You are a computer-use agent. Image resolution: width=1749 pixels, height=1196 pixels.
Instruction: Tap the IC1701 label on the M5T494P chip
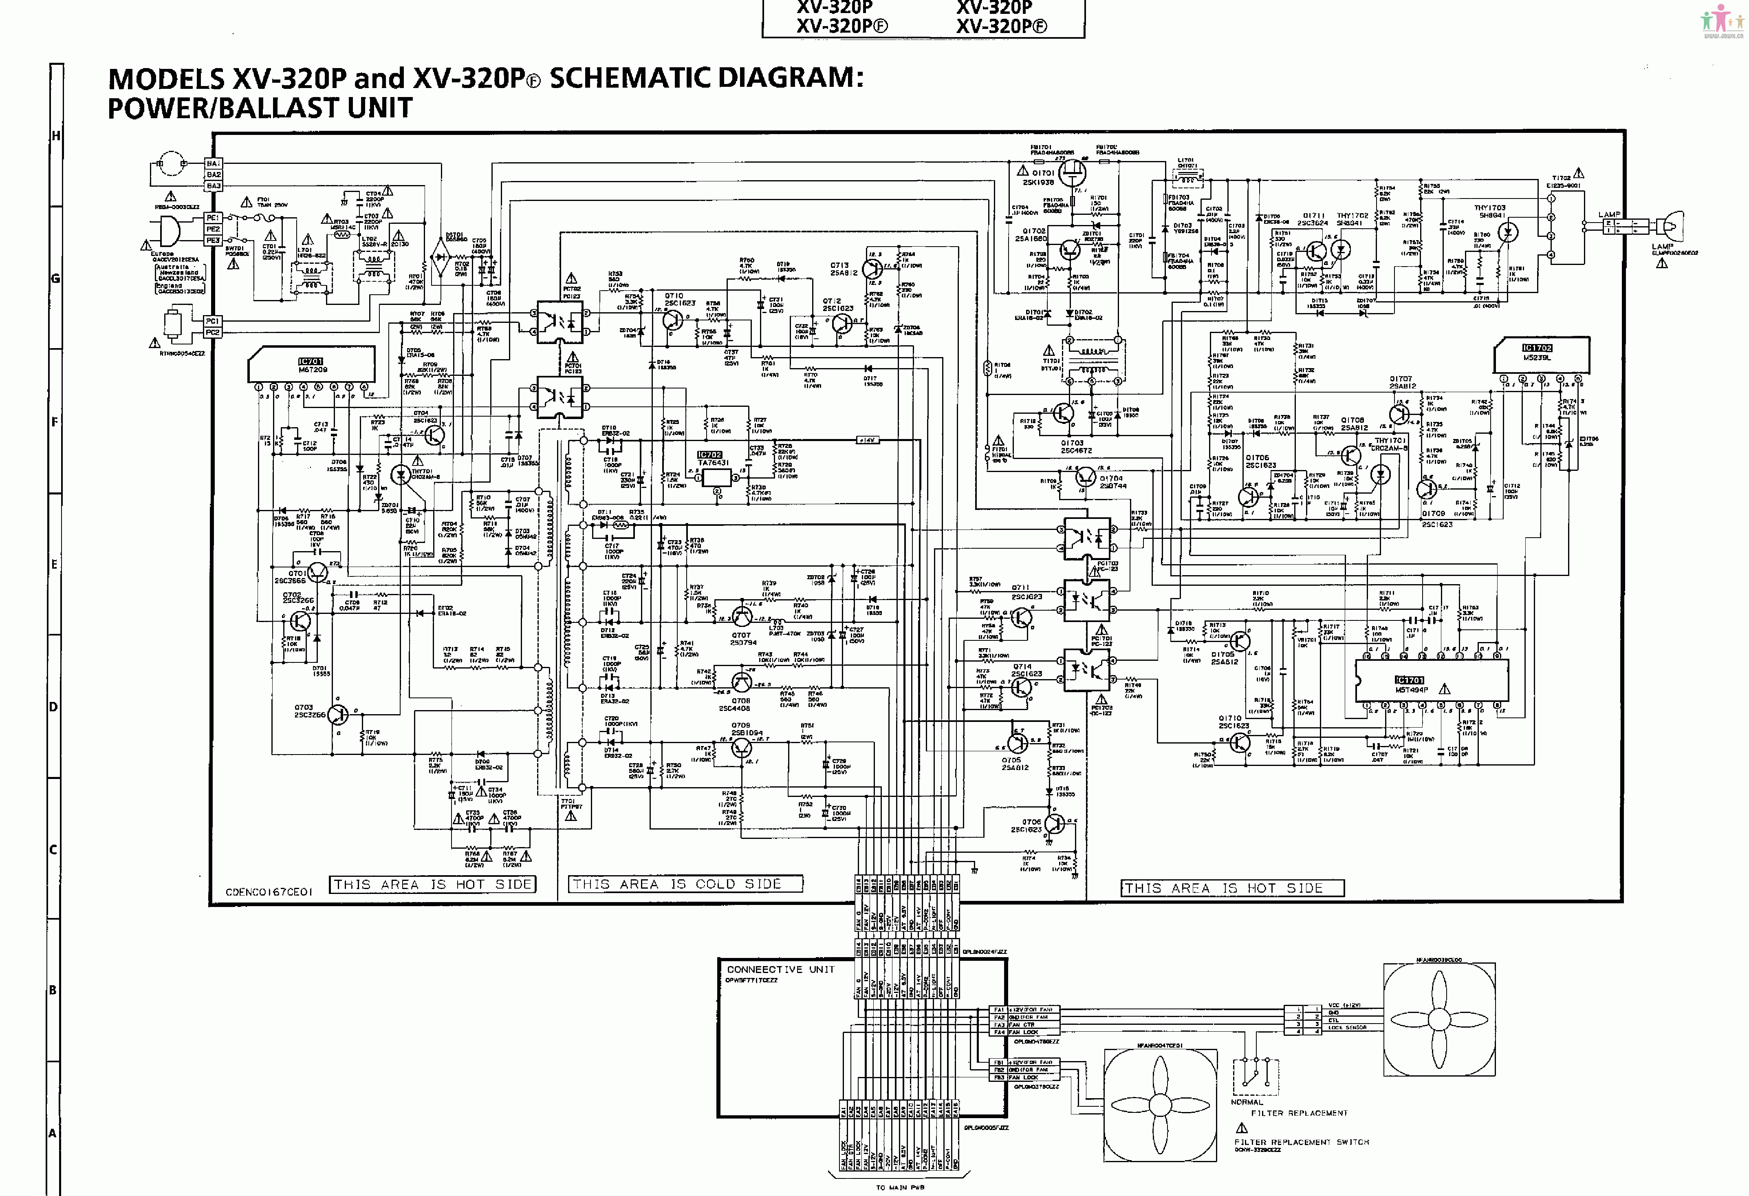pyautogui.click(x=1409, y=680)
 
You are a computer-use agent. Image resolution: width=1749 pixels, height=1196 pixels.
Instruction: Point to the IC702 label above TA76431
pyautogui.click(x=710, y=455)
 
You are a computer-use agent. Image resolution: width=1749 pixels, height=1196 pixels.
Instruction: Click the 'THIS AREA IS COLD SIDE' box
pyautogui.click(x=685, y=884)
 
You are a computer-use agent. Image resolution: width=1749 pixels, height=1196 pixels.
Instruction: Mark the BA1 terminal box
pyautogui.click(x=213, y=163)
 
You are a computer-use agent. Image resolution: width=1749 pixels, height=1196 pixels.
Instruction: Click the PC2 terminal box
pyautogui.click(x=213, y=332)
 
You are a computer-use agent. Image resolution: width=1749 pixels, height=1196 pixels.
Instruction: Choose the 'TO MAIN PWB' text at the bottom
pyautogui.click(x=900, y=1187)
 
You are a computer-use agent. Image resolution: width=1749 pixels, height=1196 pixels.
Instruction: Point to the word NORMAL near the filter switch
pyautogui.click(x=1247, y=1102)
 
